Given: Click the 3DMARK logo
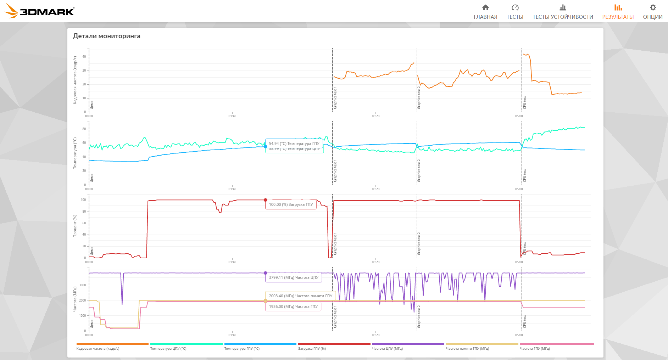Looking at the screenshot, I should click(40, 11).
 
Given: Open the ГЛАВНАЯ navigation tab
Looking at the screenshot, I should click(485, 12).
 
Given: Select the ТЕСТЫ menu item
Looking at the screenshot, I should click(515, 12).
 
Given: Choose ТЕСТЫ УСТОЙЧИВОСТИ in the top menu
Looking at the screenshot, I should click(563, 12).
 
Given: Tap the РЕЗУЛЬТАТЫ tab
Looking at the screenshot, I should click(618, 12).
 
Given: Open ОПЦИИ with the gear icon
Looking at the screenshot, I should click(653, 12).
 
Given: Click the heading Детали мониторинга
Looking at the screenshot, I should click(107, 36).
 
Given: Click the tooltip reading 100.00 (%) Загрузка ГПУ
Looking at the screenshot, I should click(291, 204).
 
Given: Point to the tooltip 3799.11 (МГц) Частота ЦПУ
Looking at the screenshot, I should click(294, 277).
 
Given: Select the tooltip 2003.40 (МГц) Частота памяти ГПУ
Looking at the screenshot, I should click(300, 296).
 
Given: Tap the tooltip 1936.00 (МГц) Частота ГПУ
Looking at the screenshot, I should click(293, 306).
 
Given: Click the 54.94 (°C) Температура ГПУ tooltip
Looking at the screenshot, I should click(294, 144).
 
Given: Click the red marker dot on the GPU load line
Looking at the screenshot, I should click(265, 200).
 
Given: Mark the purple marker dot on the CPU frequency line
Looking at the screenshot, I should click(265, 273).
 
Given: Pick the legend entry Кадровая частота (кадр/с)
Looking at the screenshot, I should click(98, 349).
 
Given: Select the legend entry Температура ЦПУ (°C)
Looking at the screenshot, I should click(168, 349).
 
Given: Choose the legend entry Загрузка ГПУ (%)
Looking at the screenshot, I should click(312, 349).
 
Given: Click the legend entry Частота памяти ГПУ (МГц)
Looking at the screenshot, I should click(467, 349).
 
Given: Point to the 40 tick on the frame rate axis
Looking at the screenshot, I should click(84, 57).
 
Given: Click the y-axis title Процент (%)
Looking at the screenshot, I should click(75, 226).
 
